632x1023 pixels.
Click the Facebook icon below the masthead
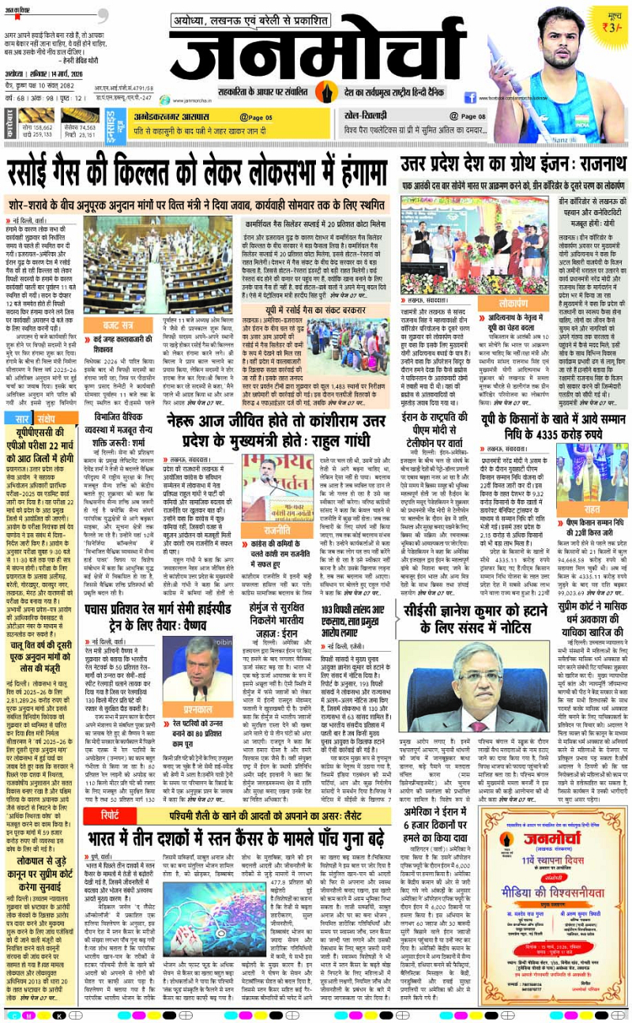click(470, 98)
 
